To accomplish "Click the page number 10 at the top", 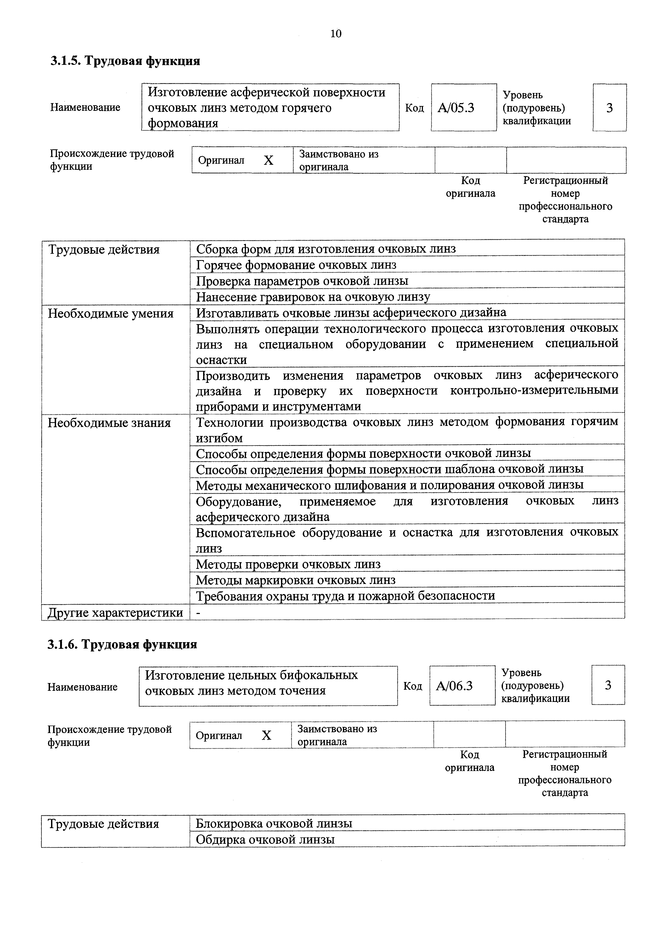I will point(336,34).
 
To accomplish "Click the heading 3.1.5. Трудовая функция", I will point(125,61).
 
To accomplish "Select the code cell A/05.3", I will point(456,108).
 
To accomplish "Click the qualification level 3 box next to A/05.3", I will point(609,108).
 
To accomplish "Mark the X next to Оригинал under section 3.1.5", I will point(268,161).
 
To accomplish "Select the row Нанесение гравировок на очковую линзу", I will point(313,297).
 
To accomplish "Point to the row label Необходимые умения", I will point(110,314).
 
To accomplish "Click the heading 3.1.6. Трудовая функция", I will point(122,644).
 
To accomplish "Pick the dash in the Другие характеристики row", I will point(199,613).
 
